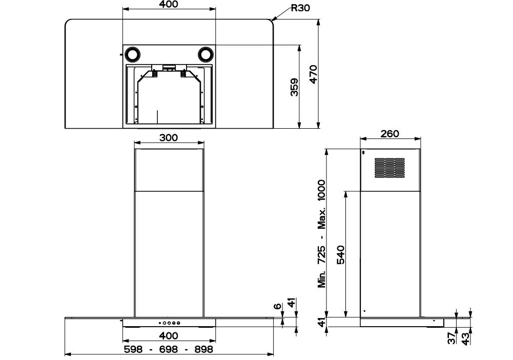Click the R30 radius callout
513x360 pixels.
(300, 8)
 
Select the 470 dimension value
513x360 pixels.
(313, 75)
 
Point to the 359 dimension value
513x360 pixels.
(294, 87)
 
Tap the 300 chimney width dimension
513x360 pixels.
(169, 137)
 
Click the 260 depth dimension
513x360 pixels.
(390, 133)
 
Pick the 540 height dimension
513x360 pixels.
(340, 255)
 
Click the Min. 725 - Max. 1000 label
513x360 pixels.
(322, 234)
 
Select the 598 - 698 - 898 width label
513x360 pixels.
(169, 349)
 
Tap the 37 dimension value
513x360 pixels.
(452, 338)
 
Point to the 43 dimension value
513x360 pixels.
(466, 338)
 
